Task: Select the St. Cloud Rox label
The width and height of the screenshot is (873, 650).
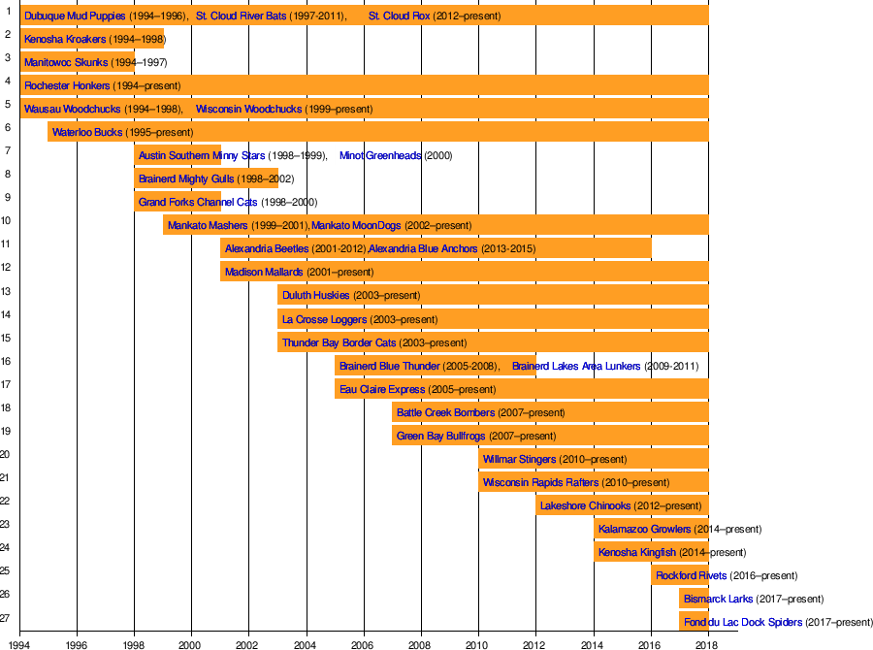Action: [399, 16]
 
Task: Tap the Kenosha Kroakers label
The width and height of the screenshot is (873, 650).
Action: [65, 40]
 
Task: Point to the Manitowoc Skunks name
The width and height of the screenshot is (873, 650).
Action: [66, 63]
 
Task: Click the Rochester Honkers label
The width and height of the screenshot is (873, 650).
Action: [67, 85]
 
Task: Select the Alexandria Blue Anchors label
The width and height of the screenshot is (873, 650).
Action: [423, 248]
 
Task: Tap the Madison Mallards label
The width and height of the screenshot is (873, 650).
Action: [264, 272]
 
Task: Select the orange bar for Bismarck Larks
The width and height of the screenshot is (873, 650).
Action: [693, 599]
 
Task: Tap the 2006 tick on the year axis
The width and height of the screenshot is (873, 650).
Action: [364, 642]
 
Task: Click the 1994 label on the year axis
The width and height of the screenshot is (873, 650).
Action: [20, 642]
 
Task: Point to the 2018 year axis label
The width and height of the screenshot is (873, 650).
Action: [708, 642]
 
